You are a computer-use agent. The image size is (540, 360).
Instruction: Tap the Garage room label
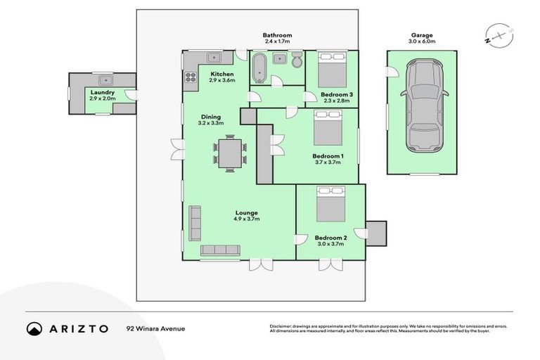coord(422,35)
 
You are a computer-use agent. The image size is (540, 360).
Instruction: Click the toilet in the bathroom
coord(297,62)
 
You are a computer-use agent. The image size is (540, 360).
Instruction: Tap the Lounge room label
coord(247,212)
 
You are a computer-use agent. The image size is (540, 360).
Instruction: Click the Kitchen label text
coord(222,74)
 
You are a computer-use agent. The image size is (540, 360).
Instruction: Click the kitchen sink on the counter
coord(214,57)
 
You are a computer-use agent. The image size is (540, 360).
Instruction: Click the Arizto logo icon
coord(34,328)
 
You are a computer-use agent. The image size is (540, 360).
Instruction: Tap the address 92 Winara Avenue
coord(155,328)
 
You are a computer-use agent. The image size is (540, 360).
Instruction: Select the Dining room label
coord(211,117)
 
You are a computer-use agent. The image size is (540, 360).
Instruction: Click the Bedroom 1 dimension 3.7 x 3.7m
coord(327,162)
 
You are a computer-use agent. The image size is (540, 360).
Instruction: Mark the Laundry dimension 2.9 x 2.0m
coord(102,98)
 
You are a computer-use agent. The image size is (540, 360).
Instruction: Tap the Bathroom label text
coord(277,35)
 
